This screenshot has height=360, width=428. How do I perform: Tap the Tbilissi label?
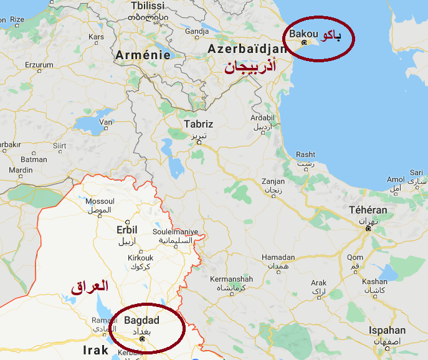pyautogui.click(x=148, y=6)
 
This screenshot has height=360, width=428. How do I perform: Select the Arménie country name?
pyautogui.click(x=143, y=55)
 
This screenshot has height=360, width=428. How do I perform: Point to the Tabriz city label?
pyautogui.click(x=198, y=124)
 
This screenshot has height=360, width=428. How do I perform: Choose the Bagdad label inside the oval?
pyautogui.click(x=142, y=320)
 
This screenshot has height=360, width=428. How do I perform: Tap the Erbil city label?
pyautogui.click(x=126, y=230)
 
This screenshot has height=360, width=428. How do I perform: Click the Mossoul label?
pyautogui.click(x=100, y=202)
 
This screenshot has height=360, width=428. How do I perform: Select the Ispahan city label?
pyautogui.click(x=387, y=330)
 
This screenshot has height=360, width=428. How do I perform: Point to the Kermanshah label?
pyautogui.click(x=231, y=278)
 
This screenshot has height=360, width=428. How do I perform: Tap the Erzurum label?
pyautogui.click(x=39, y=65)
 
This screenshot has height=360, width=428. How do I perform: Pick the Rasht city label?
pyautogui.click(x=305, y=154)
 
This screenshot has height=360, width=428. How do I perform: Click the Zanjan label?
pyautogui.click(x=273, y=182)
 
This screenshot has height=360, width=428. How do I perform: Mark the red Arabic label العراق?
pyautogui.click(x=89, y=287)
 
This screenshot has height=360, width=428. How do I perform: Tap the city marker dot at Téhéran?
pyautogui.click(x=368, y=229)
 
